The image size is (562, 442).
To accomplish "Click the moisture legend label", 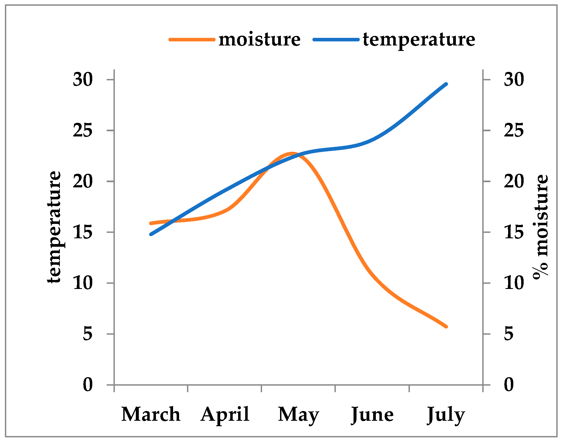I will point(259,40).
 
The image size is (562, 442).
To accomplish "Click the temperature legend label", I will point(419,40).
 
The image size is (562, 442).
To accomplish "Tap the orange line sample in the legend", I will point(191,39).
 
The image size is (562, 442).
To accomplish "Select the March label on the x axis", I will point(151,414).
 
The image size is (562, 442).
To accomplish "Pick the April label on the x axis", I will point(225,414).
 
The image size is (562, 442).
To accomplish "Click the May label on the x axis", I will point(298,414).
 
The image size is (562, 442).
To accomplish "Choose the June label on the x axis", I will point(372,414).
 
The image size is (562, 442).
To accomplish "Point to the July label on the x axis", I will point(446,414).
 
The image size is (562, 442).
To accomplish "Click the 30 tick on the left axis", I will point(83,80).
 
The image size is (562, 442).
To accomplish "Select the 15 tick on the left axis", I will point(83,232).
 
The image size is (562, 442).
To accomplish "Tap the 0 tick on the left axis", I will point(88,385).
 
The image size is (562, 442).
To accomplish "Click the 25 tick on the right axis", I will point(514,131).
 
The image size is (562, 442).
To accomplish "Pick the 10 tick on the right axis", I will point(514,283).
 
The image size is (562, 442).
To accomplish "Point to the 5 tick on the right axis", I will point(508,334).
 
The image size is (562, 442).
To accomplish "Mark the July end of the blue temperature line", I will point(446,84).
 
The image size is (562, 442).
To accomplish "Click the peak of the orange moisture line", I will point(292,154).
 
